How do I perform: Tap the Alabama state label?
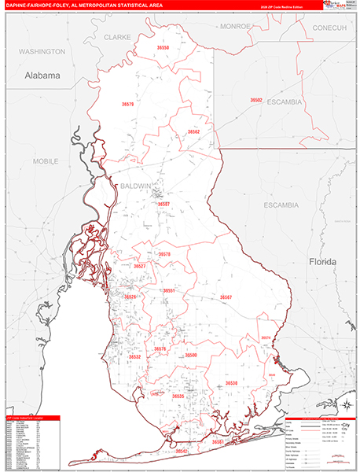(42, 76)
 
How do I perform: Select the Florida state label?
(322, 261)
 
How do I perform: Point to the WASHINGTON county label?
(42, 51)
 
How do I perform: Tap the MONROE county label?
(234, 26)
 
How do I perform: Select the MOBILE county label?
(46, 161)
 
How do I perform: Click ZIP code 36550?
(163, 49)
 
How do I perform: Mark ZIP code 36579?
(128, 104)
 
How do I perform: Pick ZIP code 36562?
(193, 131)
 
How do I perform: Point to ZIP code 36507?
(163, 204)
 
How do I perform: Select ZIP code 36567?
(226, 297)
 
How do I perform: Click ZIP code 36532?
(134, 356)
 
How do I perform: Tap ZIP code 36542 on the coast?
(182, 452)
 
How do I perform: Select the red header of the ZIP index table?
(31, 418)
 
